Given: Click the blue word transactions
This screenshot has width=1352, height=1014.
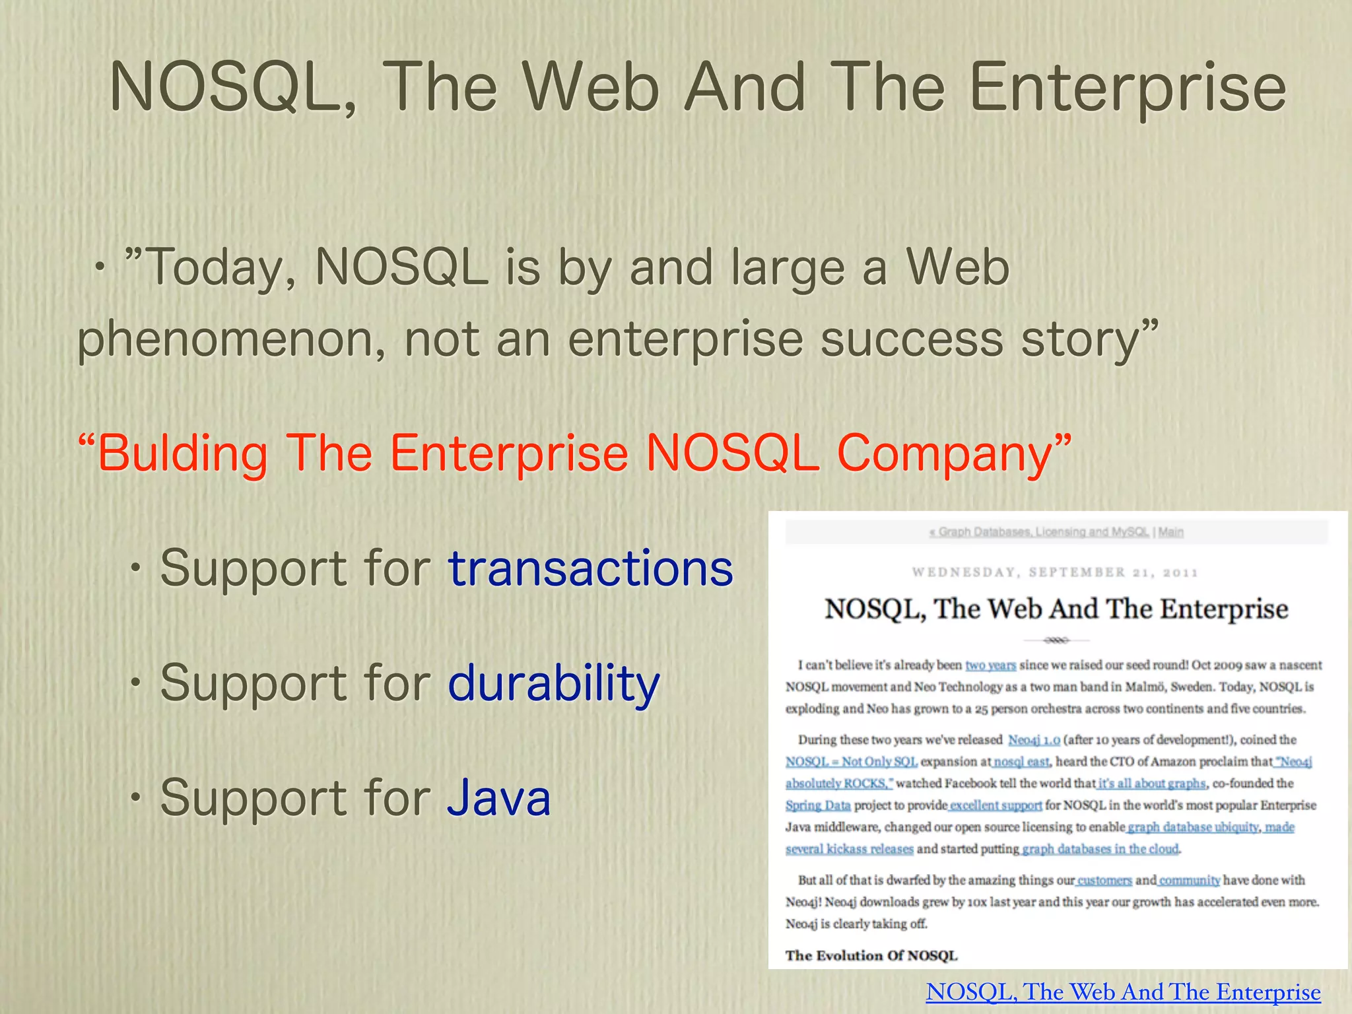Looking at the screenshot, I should pos(590,568).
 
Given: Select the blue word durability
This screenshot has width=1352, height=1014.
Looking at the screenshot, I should pos(553,683).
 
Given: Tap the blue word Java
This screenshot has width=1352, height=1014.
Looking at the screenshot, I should pos(498,797).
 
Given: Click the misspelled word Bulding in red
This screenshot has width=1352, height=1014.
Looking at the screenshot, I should pos(182,454).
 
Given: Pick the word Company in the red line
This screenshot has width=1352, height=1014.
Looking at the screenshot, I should pos(945,454).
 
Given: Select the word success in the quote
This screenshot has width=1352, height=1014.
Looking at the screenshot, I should pos(911,339).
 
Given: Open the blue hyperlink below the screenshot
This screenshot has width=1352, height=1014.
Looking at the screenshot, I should pos(1123,992).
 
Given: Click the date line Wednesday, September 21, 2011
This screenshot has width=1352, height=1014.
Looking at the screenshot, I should pos(1055,572).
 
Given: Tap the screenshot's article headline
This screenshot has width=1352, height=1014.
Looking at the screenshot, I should pos(1056,609).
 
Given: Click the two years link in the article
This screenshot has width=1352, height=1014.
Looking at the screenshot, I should pos(990,665).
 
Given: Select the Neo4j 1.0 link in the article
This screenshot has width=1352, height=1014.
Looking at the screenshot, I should pos(1034,740).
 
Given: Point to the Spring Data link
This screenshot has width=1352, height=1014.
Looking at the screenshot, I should pos(818,805).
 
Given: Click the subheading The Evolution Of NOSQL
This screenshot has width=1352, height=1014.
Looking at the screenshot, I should pos(871,955).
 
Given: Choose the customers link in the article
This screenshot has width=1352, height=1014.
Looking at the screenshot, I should pos(1104,881).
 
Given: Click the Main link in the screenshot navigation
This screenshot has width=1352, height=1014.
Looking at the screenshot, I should pos(1170,532).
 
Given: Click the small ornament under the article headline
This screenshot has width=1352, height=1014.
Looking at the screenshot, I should pos(1056,640).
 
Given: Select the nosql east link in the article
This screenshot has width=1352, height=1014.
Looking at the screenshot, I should pos(1021,762).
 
